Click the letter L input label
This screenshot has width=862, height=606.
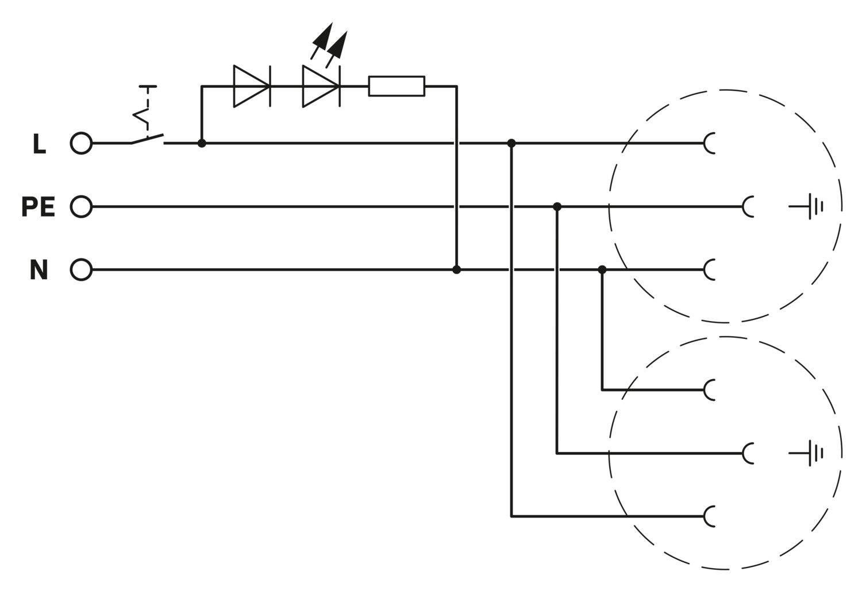39,145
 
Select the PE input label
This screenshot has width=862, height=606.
38,207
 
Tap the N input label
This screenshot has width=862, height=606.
39,270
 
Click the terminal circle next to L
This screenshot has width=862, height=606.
81,143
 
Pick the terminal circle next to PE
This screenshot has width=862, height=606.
81,206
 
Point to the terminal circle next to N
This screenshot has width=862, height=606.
81,269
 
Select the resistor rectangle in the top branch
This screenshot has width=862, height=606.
397,86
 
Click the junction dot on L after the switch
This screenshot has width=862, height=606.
202,143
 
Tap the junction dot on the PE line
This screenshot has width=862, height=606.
557,206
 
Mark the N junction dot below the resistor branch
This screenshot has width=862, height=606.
456,269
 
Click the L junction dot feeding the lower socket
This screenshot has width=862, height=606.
511,143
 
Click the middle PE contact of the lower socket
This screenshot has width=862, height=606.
749,453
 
